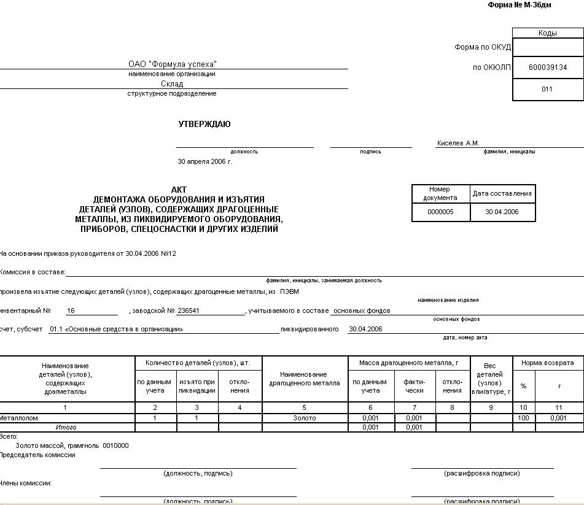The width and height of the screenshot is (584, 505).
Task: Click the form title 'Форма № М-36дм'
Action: [x=520, y=5]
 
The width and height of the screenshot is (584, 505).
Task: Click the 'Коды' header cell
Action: [x=547, y=33]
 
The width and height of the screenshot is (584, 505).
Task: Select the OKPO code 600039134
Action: [x=547, y=67]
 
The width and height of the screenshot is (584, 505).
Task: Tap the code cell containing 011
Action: [x=547, y=89]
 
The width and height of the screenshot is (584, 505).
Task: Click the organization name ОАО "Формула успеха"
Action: [x=173, y=64]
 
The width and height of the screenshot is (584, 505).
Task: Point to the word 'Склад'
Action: [x=172, y=84]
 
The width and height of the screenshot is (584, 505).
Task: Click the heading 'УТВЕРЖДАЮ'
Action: [x=204, y=125]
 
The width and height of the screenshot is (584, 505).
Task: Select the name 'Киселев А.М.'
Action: [x=458, y=143]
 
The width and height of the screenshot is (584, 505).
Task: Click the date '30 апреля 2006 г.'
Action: [x=204, y=162]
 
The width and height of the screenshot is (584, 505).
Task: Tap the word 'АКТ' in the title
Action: [x=179, y=190]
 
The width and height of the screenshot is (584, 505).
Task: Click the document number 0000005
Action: [x=440, y=212]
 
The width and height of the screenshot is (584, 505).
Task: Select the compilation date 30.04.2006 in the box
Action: [x=502, y=212]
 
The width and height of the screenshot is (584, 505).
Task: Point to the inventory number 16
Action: [x=71, y=311]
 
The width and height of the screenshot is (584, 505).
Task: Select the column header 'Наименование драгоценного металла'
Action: [x=305, y=379]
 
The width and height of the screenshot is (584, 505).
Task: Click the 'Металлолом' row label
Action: [x=19, y=418]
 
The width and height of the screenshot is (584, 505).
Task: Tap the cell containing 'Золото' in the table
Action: [x=305, y=418]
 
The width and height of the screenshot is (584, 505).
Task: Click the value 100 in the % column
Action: [x=524, y=418]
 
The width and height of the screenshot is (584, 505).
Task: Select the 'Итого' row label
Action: [x=66, y=427]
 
